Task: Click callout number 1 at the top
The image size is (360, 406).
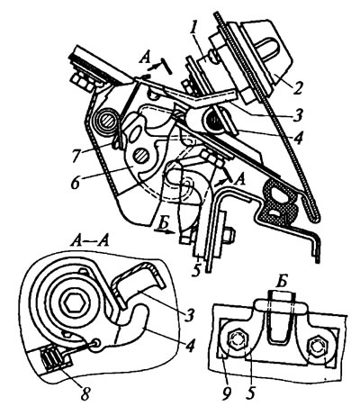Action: (193, 29)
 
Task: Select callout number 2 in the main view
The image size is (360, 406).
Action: (297, 87)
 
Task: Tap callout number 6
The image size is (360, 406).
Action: (76, 182)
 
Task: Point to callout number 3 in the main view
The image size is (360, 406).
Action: (298, 114)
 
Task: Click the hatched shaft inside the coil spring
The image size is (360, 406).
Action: (108, 121)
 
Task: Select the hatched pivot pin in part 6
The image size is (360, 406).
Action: (140, 156)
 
